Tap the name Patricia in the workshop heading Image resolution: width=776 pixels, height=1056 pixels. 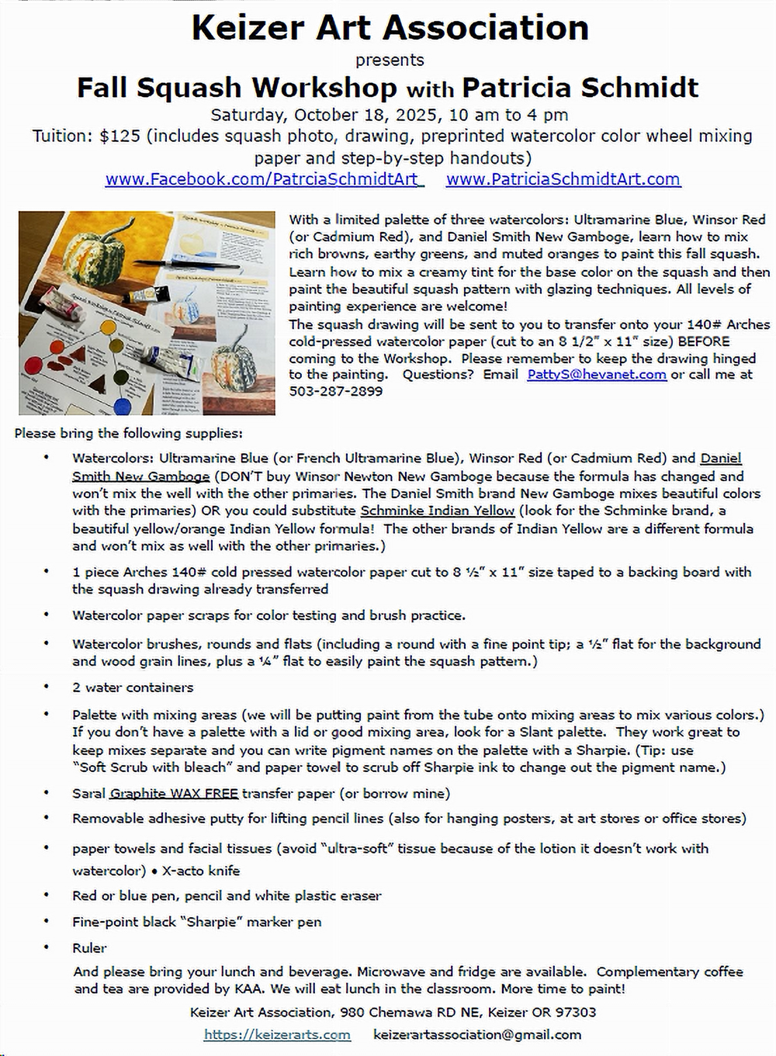point(516,88)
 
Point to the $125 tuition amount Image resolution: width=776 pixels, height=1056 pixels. point(120,137)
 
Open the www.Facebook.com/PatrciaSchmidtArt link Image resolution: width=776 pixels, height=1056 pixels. point(264,179)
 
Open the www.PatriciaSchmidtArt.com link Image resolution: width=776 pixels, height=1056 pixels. point(563,179)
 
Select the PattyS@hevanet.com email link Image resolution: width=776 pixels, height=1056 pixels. point(596,374)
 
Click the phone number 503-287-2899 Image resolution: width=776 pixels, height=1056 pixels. point(335,391)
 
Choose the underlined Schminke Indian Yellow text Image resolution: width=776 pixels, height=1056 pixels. point(438,511)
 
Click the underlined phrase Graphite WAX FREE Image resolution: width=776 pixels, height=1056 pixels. point(174,793)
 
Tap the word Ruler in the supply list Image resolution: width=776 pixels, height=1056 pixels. point(89,947)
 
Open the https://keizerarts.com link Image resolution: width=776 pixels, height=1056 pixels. point(277,1034)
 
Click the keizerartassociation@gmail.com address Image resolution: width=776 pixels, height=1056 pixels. point(476,1034)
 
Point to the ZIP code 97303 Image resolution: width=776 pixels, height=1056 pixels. point(575,1012)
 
